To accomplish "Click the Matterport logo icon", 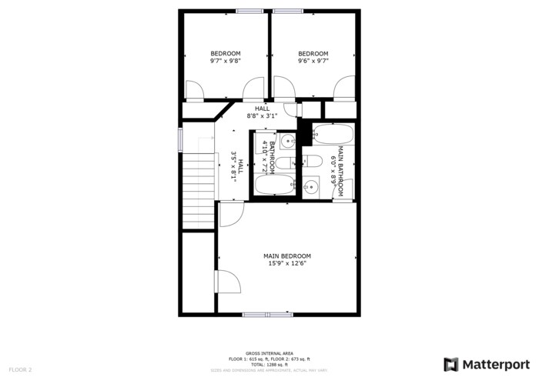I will pyautogui.click(x=451, y=364).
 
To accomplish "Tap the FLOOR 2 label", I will pyautogui.click(x=21, y=370).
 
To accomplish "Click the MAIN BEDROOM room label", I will pyautogui.click(x=287, y=256).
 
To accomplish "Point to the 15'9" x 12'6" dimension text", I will pyautogui.click(x=287, y=264).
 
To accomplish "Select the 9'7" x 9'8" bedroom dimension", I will pyautogui.click(x=226, y=61).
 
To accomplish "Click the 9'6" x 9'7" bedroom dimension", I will pyautogui.click(x=313, y=61).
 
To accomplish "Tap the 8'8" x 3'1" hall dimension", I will pyautogui.click(x=262, y=116).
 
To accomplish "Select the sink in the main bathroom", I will pyautogui.click(x=310, y=185).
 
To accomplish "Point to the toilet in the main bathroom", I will pyautogui.click(x=311, y=161).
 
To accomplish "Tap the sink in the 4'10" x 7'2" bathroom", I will pyautogui.click(x=286, y=141).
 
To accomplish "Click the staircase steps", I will pyautogui.click(x=198, y=189).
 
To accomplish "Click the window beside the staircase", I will pyautogui.click(x=181, y=139).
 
